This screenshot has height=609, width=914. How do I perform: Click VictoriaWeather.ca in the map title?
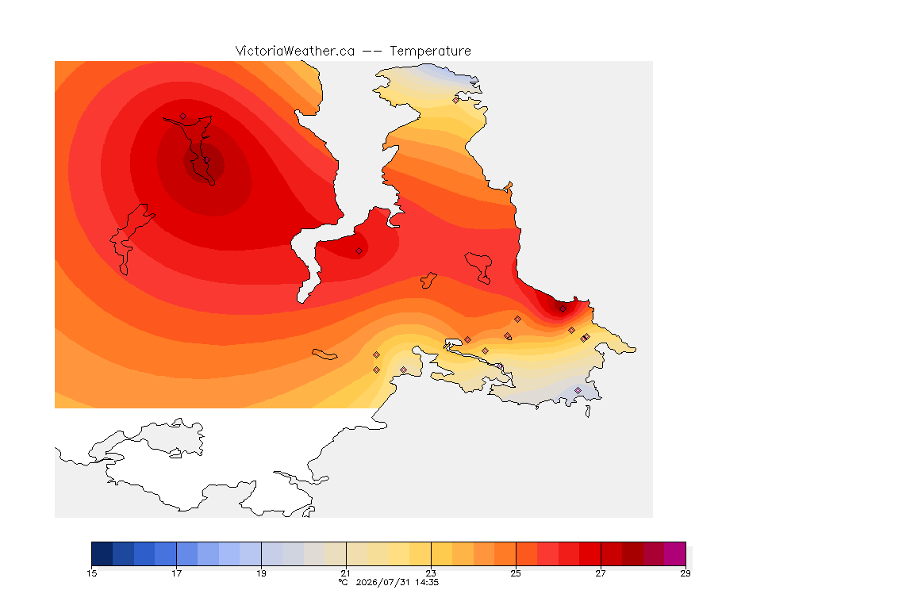pyautogui.click(x=295, y=52)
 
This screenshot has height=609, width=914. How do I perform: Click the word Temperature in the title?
pyautogui.click(x=430, y=52)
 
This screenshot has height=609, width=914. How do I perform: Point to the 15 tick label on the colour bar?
pyautogui.click(x=91, y=573)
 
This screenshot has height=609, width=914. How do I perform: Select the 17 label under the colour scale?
pyautogui.click(x=177, y=573)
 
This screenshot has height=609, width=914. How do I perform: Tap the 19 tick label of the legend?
pyautogui.click(x=261, y=573)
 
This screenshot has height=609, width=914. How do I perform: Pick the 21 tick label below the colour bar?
pyautogui.click(x=346, y=573)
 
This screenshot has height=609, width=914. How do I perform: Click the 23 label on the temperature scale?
pyautogui.click(x=431, y=573)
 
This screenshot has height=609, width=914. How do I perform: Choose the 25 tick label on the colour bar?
pyautogui.click(x=516, y=573)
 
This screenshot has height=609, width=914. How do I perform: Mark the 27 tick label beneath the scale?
pyautogui.click(x=601, y=573)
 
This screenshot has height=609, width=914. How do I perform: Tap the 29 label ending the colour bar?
pyautogui.click(x=685, y=573)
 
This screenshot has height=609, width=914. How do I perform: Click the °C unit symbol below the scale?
pyautogui.click(x=344, y=582)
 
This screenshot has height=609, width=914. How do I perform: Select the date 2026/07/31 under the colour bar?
pyautogui.click(x=383, y=582)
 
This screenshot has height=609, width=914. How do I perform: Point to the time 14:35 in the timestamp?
pyautogui.click(x=427, y=582)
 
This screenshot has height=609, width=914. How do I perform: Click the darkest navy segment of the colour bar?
pyautogui.click(x=102, y=553)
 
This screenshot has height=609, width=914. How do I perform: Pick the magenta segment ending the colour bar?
pyautogui.click(x=675, y=553)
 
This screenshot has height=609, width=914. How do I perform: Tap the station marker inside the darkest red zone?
pyautogui.click(x=206, y=160)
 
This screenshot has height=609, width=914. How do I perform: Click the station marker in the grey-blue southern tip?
pyautogui.click(x=578, y=390)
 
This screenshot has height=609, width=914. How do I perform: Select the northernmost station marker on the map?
pyautogui.click(x=456, y=100)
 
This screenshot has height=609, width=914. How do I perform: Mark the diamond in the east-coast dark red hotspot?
pyautogui.click(x=563, y=309)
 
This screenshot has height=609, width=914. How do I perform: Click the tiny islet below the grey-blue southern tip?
pyautogui.click(x=588, y=412)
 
